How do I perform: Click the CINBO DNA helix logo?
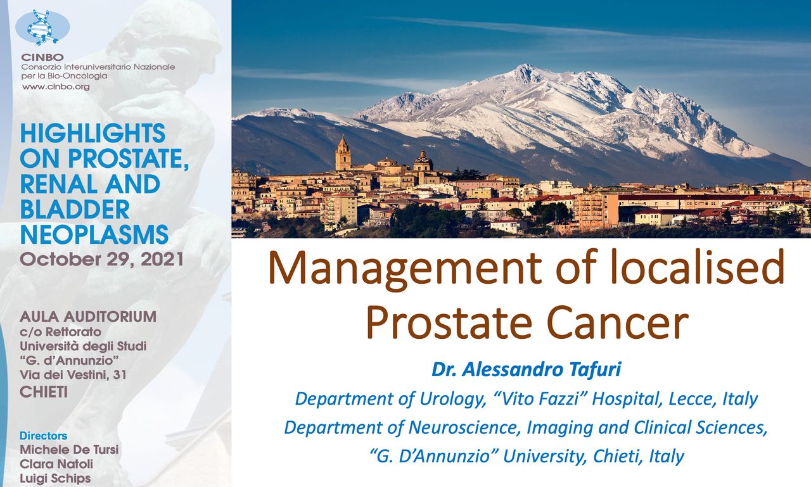[42, 27]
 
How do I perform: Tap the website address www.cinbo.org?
[56, 87]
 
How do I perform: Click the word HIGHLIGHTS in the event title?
[93, 133]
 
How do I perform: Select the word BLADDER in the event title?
[75, 210]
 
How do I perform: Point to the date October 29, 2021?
[102, 260]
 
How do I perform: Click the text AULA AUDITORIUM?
[88, 317]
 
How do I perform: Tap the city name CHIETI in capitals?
[44, 392]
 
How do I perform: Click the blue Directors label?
[44, 436]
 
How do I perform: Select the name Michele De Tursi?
[69, 450]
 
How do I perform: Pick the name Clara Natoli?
[56, 464]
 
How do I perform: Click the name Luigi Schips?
[55, 478]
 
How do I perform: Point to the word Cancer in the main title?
[617, 322]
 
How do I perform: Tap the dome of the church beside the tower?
[423, 160]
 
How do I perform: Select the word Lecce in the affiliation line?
[693, 399]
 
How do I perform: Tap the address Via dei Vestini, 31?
[73, 375]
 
